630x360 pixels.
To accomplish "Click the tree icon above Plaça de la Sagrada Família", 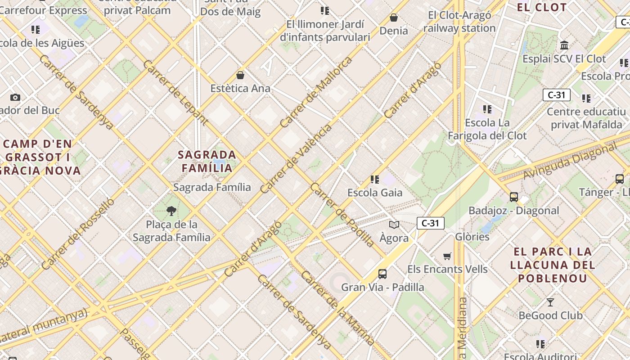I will (x=171, y=211).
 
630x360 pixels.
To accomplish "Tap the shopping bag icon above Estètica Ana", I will (x=240, y=75).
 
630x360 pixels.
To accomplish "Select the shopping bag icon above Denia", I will (x=394, y=18).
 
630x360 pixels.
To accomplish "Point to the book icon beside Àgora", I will (x=394, y=225).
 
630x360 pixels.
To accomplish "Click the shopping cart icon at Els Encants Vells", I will (x=447, y=256).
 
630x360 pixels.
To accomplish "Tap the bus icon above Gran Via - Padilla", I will (x=382, y=274).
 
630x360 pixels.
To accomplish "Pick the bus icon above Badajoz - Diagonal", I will (x=513, y=197).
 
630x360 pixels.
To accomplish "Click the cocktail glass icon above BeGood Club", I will (x=550, y=302).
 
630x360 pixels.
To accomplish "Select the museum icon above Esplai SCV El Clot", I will (x=564, y=45).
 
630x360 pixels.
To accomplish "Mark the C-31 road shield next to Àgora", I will (x=431, y=223).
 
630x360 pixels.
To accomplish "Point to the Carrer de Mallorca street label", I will (x=315, y=92).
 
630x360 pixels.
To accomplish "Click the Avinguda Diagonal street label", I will (x=571, y=161).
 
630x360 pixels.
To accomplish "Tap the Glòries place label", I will (x=472, y=237).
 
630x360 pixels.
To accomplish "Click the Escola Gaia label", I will (x=375, y=193).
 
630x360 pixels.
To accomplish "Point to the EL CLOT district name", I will (x=542, y=7).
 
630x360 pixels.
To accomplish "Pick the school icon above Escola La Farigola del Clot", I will (x=487, y=109).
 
